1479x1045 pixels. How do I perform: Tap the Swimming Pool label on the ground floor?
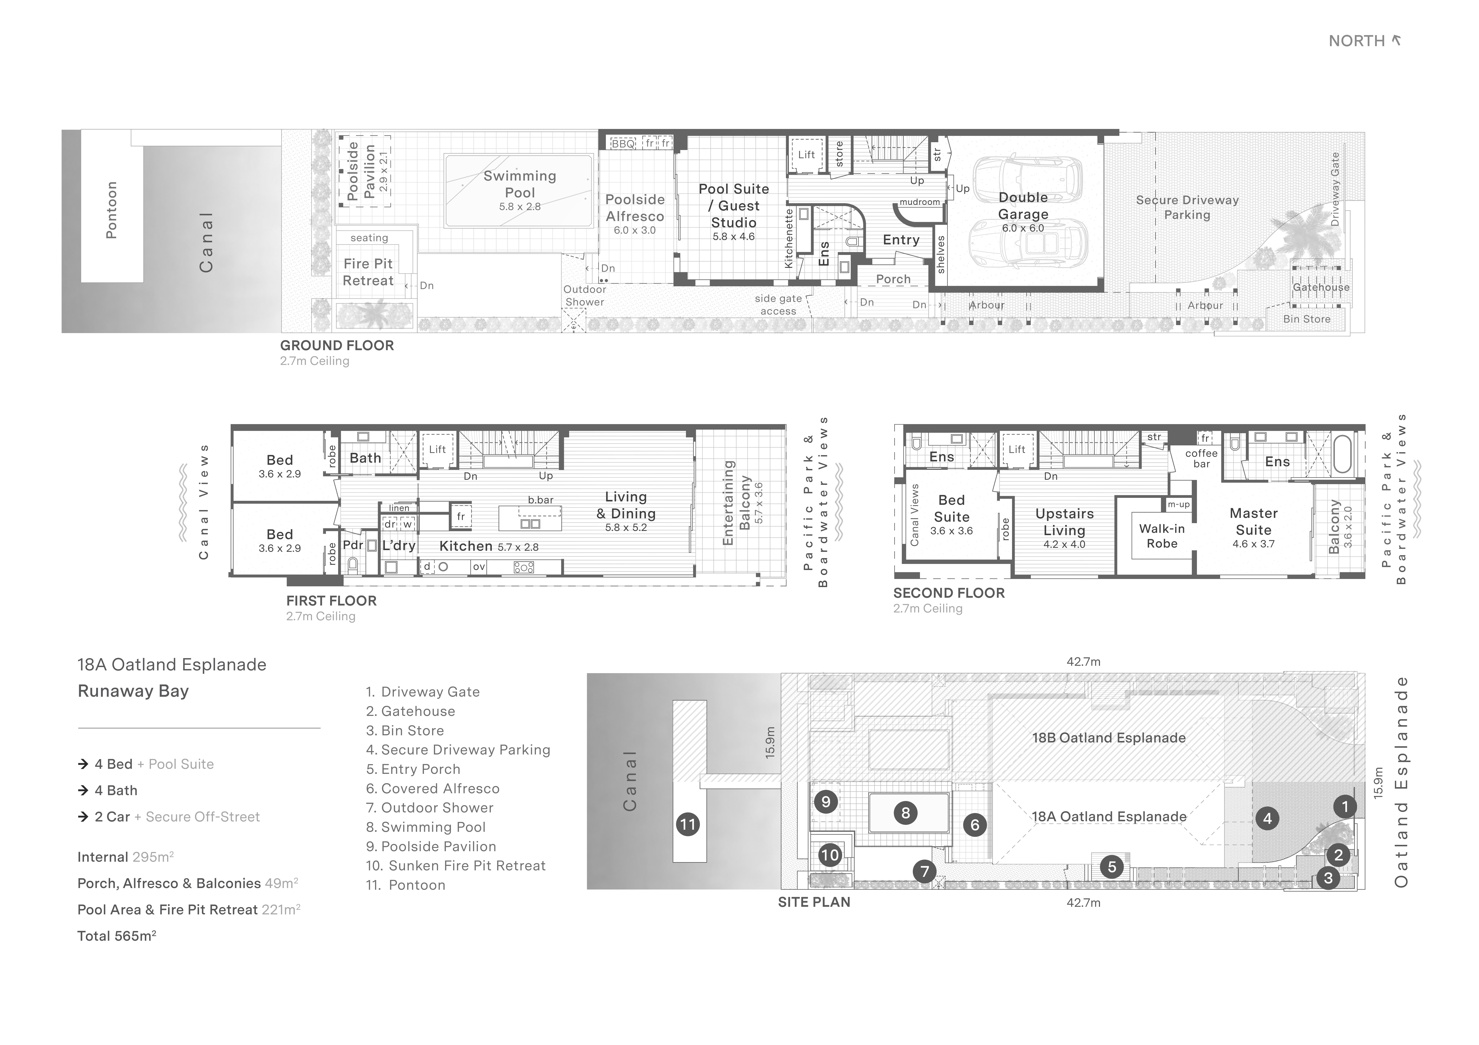(520, 184)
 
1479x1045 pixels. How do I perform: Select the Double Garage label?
(1023, 206)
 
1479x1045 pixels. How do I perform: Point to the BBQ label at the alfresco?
(623, 144)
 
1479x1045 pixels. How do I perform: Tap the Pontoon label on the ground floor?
(112, 210)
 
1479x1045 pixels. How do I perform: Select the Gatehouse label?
(1321, 287)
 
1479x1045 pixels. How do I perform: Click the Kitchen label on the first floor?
(466, 546)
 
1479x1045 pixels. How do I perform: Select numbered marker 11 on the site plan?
(688, 824)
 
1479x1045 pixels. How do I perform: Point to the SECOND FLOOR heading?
(949, 593)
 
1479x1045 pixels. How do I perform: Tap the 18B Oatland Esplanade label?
(1109, 738)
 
